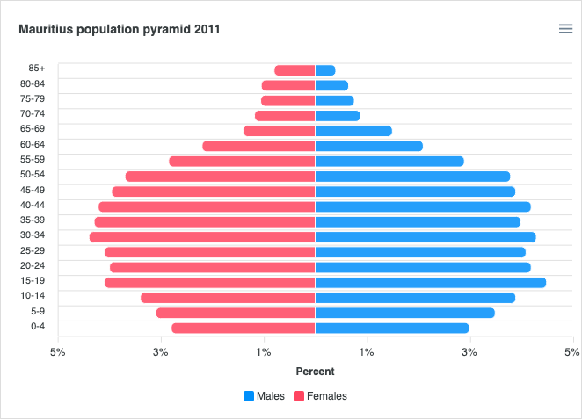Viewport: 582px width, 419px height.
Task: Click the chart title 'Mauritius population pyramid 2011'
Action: (x=119, y=29)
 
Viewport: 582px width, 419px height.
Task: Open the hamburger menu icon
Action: (x=565, y=29)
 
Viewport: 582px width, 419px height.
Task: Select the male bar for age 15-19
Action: (x=431, y=283)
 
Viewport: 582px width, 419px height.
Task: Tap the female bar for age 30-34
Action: (x=202, y=237)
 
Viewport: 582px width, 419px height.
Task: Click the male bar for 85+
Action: (x=325, y=70)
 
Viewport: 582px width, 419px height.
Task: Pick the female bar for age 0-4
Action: (x=244, y=329)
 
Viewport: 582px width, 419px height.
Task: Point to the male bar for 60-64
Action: (x=369, y=146)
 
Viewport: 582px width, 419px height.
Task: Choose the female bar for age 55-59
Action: (x=242, y=162)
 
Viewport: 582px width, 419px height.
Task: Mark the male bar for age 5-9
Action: (x=404, y=313)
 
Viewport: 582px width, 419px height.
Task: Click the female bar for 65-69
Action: (x=279, y=131)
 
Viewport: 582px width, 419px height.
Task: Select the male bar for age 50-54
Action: (x=412, y=177)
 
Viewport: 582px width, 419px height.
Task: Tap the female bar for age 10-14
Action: (x=228, y=298)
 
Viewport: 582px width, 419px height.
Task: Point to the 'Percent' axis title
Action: (x=315, y=372)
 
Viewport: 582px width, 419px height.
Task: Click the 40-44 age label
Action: (x=37, y=205)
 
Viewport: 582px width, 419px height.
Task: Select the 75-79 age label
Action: (x=37, y=98)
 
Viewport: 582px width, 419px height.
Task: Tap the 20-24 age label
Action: (x=37, y=265)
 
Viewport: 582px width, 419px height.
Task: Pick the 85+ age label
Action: (x=37, y=68)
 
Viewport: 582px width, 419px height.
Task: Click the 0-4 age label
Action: (x=37, y=326)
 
